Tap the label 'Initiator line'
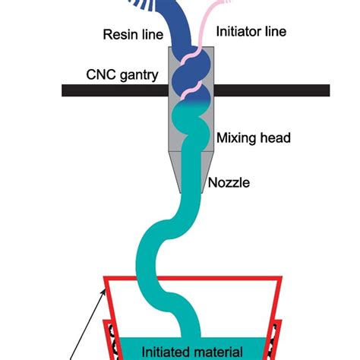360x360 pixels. [x=253, y=33]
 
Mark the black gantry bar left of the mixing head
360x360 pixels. [x=114, y=90]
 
